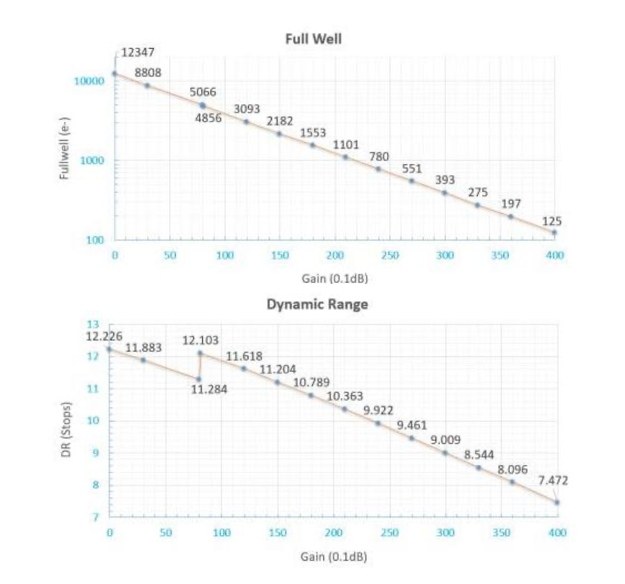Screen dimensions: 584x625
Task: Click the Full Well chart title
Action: click(x=313, y=39)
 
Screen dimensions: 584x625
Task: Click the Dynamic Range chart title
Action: click(x=317, y=304)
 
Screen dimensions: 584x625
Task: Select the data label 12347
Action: click(x=138, y=52)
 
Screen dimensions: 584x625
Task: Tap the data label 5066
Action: click(x=203, y=92)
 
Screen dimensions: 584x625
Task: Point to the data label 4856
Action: click(x=208, y=118)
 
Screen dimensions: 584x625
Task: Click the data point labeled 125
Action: click(x=554, y=232)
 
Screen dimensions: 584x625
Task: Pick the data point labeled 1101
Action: click(x=345, y=157)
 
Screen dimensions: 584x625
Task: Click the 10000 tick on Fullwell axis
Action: click(x=89, y=81)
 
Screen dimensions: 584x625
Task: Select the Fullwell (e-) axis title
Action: click(x=64, y=148)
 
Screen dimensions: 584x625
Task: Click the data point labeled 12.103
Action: click(x=200, y=353)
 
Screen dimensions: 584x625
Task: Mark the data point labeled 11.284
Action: click(x=198, y=379)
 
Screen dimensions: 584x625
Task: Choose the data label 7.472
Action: click(x=553, y=481)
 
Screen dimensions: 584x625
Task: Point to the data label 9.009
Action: click(x=445, y=440)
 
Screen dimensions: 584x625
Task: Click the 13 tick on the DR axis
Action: click(x=93, y=324)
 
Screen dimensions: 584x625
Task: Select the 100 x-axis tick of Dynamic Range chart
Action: click(x=222, y=533)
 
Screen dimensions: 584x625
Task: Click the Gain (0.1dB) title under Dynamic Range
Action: click(x=334, y=557)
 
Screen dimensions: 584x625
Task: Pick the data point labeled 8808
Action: click(x=147, y=86)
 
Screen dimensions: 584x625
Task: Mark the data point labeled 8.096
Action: click(x=512, y=482)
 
